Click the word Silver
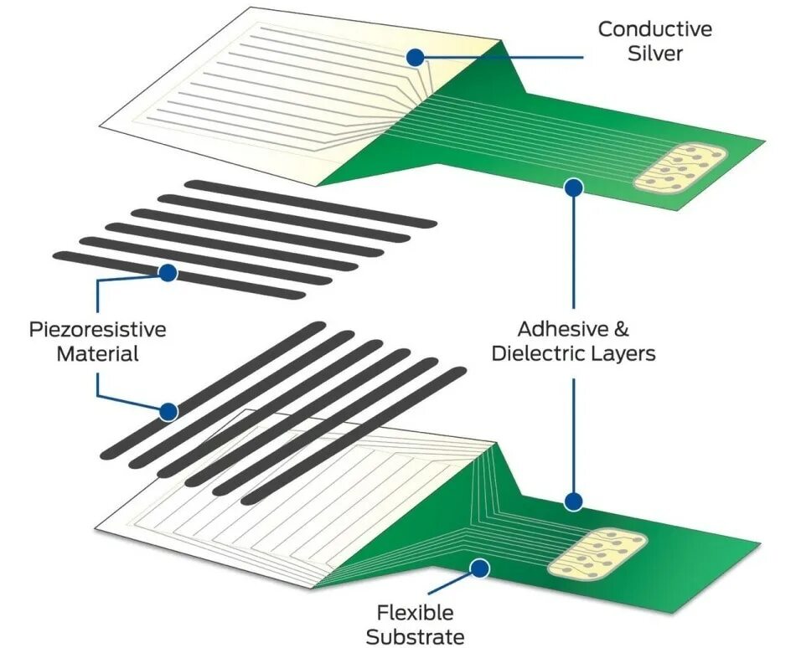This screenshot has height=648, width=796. [x=655, y=54]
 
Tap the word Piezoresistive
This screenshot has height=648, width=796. [x=97, y=329]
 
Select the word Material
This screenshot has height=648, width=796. [x=97, y=353]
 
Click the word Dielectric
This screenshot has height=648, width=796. [x=538, y=353]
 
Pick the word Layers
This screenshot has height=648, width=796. [x=624, y=353]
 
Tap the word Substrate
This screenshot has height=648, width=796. [x=415, y=636]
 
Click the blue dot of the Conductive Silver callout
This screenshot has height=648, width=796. [x=415, y=57]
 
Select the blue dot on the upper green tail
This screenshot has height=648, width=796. [x=574, y=188]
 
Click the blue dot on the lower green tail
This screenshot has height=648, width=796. [x=573, y=501]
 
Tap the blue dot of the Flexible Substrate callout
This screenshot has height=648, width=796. [x=479, y=569]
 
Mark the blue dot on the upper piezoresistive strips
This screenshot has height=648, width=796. [x=168, y=272]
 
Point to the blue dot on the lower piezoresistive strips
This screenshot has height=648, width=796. [x=168, y=411]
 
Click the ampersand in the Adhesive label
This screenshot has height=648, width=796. [x=631, y=329]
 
